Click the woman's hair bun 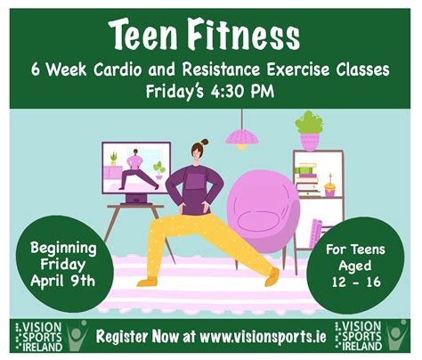[x=205, y=142]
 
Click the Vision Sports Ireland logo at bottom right [x=371, y=337]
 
